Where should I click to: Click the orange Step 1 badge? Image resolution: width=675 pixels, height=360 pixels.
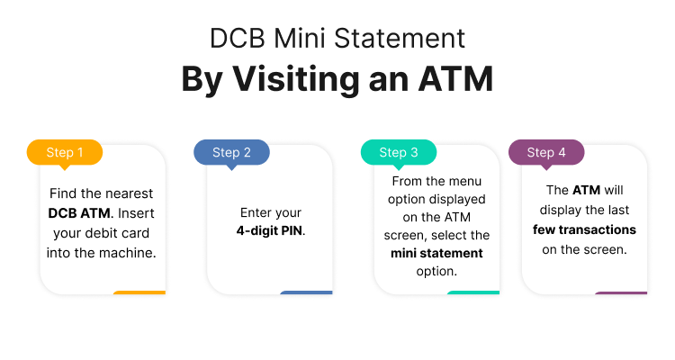65,152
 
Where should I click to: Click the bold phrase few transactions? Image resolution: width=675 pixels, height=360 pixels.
584,229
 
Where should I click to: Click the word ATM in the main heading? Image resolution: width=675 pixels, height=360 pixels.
455,78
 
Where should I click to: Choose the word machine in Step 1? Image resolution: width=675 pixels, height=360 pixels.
130,253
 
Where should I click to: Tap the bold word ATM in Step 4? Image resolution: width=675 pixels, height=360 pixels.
583,190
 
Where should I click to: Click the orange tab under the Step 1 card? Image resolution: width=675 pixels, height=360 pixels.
139,292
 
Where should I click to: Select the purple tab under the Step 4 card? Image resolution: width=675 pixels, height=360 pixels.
620,292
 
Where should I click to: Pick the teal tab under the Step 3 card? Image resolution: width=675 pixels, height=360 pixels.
472,292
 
